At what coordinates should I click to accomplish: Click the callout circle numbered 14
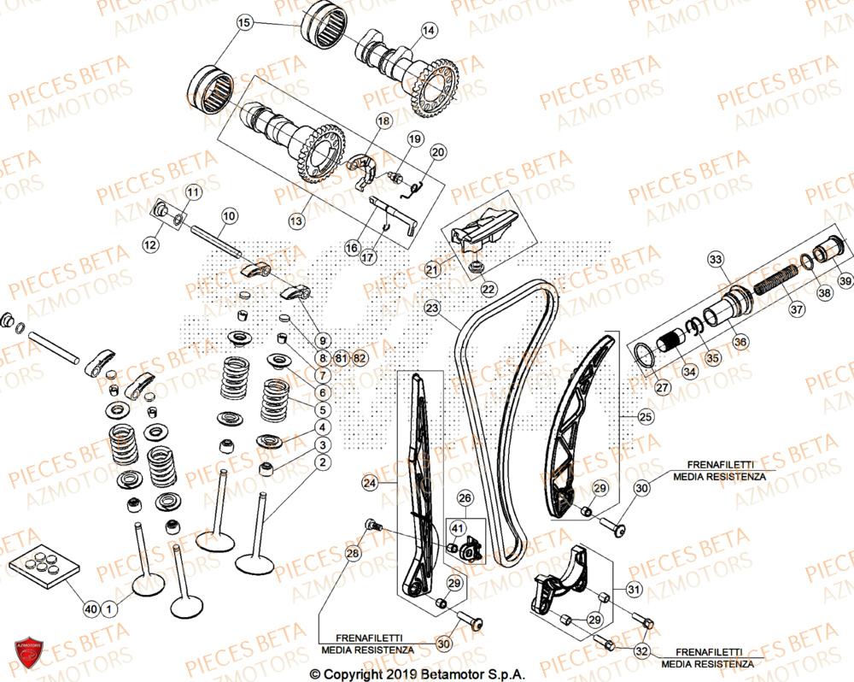click(428, 30)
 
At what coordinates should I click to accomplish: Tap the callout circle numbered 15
click(245, 23)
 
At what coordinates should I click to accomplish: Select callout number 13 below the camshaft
click(295, 221)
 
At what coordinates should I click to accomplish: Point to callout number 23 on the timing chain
click(432, 308)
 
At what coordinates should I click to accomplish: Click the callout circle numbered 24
click(369, 484)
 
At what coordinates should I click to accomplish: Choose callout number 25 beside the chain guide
click(644, 416)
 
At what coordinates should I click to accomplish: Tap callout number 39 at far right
click(844, 281)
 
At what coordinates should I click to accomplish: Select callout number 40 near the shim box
click(91, 609)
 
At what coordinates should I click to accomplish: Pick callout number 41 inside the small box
click(458, 530)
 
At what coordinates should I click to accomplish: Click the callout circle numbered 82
click(360, 358)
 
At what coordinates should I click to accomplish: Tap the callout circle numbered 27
click(663, 388)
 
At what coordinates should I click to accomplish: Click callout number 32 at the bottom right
click(642, 651)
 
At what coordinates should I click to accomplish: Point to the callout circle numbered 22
click(488, 289)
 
